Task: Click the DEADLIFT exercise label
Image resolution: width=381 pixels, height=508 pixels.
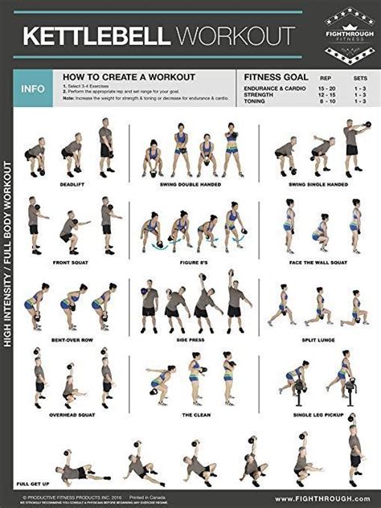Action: click(x=71, y=183)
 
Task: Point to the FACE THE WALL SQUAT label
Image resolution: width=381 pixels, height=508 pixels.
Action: click(x=317, y=260)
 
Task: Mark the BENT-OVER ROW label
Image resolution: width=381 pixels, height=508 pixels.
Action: click(x=71, y=338)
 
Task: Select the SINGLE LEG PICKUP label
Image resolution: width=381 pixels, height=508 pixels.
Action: click(x=317, y=415)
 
